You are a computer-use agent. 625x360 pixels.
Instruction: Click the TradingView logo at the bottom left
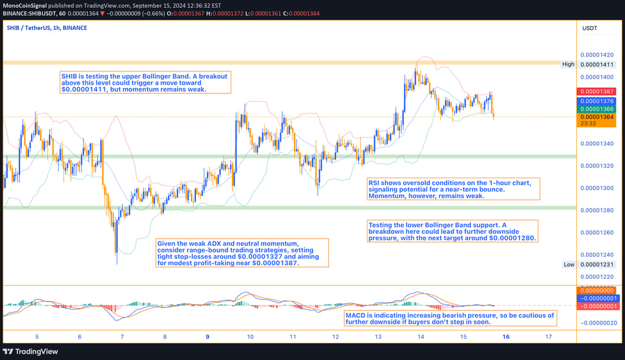click(31, 351)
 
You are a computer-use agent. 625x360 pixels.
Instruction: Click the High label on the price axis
click(568, 64)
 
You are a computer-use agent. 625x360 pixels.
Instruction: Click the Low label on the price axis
click(568, 264)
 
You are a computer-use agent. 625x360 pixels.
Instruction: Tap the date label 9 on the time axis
click(208, 336)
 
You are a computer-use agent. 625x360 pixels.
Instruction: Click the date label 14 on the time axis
click(421, 336)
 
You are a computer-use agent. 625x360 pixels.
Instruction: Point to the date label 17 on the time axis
click(549, 336)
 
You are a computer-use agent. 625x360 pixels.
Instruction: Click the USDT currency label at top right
click(590, 28)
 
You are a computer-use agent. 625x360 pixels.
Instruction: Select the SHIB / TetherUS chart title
click(47, 28)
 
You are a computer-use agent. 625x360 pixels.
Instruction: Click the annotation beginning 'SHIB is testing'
click(145, 82)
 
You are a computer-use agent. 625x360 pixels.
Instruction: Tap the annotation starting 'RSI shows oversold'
click(454, 189)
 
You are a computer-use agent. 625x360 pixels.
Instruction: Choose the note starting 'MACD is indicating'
click(450, 319)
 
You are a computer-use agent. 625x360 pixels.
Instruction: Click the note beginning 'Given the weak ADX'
click(242, 253)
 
